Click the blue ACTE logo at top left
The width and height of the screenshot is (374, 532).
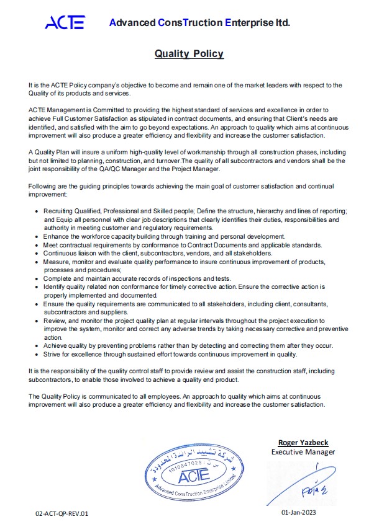pyautogui.click(x=65, y=23)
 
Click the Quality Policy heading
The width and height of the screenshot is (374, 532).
pyautogui.click(x=189, y=54)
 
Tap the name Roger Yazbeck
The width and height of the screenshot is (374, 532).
pyautogui.click(x=303, y=443)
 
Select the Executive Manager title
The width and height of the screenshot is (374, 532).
pyautogui.click(x=303, y=451)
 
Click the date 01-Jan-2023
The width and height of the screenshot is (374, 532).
pyautogui.click(x=303, y=513)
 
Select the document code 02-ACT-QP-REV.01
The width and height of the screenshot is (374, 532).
pyautogui.click(x=62, y=513)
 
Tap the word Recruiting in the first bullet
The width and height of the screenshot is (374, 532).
pyautogui.click(x=59, y=212)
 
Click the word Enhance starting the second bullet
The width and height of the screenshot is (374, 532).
pyautogui.click(x=58, y=236)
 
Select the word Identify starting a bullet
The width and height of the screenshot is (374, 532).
pyautogui.click(x=57, y=287)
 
